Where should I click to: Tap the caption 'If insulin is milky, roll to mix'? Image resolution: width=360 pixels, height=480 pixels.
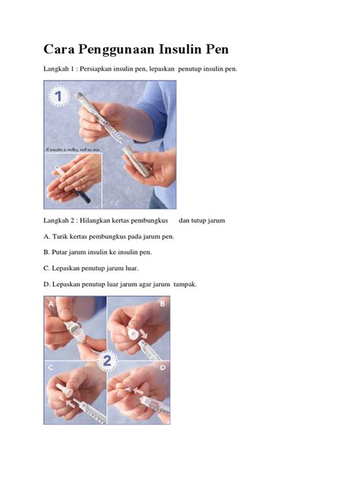[70, 151]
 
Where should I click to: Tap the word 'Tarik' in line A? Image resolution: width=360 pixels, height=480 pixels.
[63, 237]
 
